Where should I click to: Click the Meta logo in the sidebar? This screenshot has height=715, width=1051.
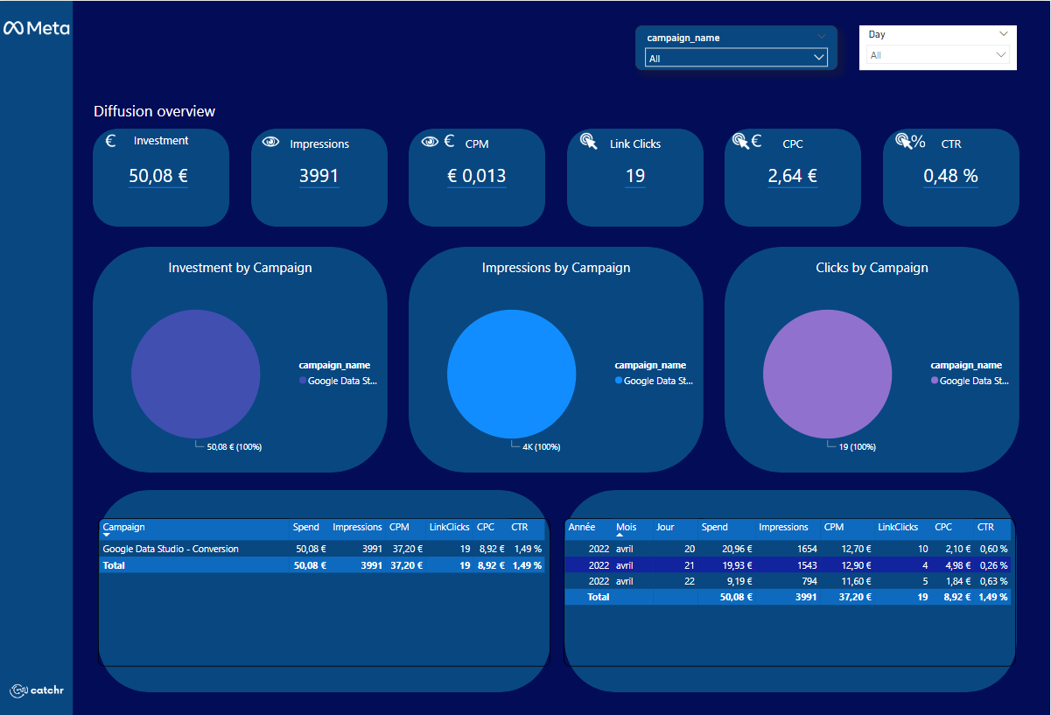[36, 28]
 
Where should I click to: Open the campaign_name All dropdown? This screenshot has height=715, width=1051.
[735, 58]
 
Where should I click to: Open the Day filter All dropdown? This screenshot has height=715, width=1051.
[937, 55]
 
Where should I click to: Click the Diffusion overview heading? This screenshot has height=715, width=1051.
[154, 111]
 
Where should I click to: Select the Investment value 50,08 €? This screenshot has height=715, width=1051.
[158, 175]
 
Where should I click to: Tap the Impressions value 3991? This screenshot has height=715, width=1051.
[319, 175]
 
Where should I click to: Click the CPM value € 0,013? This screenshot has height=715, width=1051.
[476, 175]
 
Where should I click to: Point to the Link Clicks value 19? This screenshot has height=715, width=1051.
[635, 175]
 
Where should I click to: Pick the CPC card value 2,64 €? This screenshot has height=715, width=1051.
[792, 175]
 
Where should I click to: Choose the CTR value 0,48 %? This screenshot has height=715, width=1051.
[950, 175]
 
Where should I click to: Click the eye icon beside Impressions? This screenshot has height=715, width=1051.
[271, 142]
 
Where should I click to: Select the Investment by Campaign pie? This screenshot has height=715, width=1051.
[195, 374]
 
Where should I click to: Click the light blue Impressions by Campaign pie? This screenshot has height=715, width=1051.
[511, 374]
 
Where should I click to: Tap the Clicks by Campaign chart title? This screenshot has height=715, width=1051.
[872, 268]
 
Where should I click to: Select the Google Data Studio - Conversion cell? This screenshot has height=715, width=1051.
[171, 549]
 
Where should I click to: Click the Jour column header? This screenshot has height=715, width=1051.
[665, 527]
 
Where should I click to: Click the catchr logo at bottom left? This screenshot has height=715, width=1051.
[37, 690]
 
